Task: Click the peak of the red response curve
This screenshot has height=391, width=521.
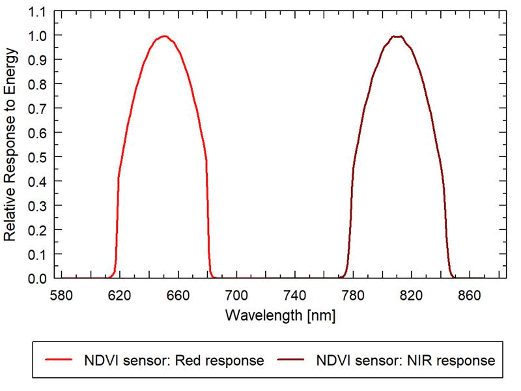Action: (164, 36)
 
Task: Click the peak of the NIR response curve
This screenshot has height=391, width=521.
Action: (397, 36)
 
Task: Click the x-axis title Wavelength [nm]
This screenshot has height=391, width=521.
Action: (281, 315)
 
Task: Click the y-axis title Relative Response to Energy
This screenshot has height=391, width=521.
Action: (12, 145)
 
